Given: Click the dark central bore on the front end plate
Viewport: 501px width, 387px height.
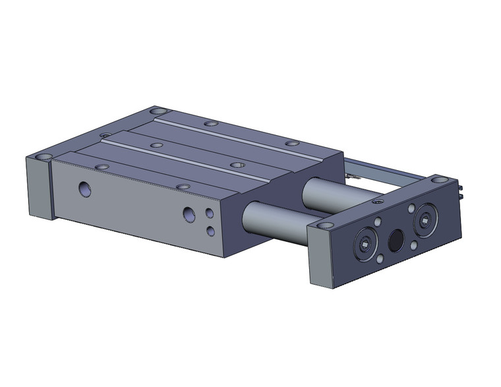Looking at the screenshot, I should (396, 240).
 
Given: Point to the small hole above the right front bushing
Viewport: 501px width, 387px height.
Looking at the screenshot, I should (411, 208).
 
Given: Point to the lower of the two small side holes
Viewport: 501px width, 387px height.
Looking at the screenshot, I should (210, 230).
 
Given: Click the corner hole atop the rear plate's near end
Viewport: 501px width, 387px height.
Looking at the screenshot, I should (43, 158).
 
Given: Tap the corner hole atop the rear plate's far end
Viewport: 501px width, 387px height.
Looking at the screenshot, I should (158, 111).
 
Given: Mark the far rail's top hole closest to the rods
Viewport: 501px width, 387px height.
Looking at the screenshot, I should (292, 143).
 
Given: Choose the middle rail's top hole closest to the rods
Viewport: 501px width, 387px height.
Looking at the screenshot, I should (237, 164).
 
